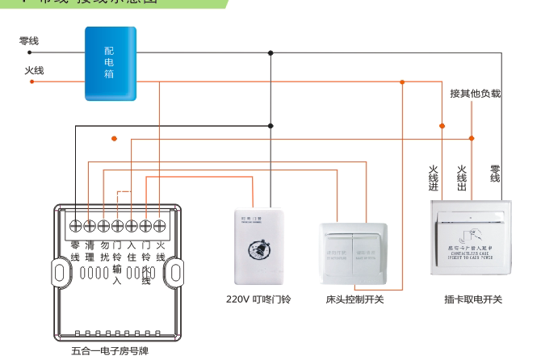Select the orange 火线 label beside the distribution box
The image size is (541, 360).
click(34, 70)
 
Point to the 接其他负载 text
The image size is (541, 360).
click(476, 94)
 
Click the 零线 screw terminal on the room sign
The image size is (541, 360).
click(76, 225)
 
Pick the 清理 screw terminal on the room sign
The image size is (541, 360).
click(90, 225)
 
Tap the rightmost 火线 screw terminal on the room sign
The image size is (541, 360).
click(160, 225)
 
